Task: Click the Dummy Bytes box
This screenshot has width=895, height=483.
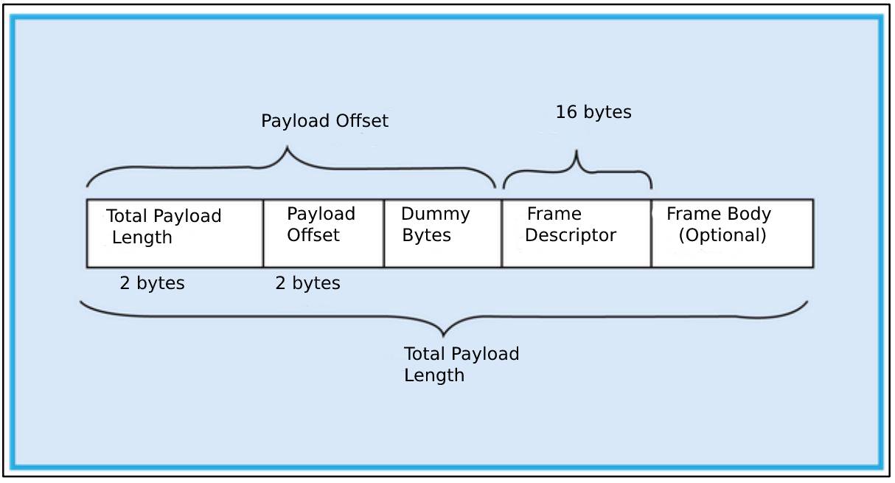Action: tap(442, 232)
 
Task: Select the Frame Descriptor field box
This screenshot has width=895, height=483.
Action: tap(576, 232)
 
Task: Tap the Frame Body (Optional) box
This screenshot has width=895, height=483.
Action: tap(732, 232)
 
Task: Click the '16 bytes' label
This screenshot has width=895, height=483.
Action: tap(593, 113)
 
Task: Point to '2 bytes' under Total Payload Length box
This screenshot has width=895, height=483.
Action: tap(152, 283)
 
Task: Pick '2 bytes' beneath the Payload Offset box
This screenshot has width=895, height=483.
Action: tap(307, 283)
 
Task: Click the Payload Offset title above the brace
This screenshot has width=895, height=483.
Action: tap(324, 121)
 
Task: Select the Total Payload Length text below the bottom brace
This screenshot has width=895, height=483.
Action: tap(461, 364)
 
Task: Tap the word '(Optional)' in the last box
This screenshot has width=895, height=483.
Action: tap(722, 235)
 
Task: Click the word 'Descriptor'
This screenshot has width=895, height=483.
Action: tap(571, 236)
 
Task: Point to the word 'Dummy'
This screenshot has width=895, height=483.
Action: tap(435, 215)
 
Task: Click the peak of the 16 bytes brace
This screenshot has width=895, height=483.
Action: tap(577, 153)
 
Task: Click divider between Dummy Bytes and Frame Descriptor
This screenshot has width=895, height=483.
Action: tap(502, 232)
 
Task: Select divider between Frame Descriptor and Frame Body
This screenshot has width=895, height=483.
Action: tap(651, 232)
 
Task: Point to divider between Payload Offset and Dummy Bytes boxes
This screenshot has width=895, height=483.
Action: tap(383, 232)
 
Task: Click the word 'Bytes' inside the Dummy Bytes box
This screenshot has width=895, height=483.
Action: tap(426, 236)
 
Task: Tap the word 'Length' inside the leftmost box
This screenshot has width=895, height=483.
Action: tap(142, 237)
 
